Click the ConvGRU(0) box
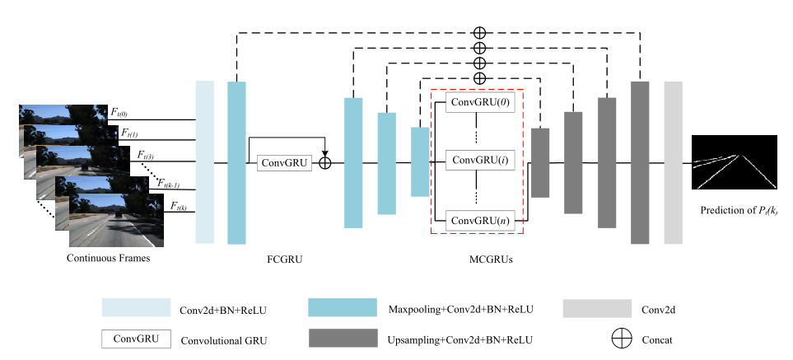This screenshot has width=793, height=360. pos(478,104)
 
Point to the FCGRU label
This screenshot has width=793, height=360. pos(284,261)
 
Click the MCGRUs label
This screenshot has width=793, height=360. pos(478,261)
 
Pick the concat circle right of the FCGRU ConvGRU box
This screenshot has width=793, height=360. pos(325,163)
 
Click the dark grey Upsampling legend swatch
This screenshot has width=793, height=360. pos(340,339)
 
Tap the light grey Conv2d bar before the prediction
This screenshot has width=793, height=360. pos(674,162)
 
